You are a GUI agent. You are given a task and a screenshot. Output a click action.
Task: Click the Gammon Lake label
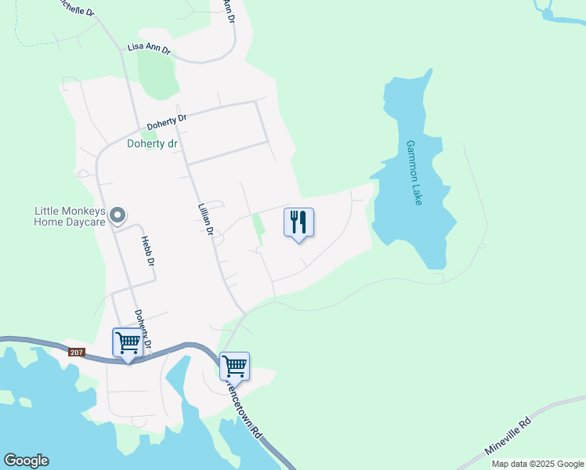click(414, 173)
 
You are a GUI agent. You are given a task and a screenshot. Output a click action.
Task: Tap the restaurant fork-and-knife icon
click(298, 222)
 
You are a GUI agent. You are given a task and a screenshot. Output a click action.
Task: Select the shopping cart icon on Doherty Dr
click(128, 342)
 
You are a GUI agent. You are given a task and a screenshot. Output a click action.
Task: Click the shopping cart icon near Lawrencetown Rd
click(234, 366)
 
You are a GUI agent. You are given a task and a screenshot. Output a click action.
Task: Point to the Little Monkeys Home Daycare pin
click(118, 214)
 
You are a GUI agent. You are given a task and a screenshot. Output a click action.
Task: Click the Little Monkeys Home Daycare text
click(69, 216)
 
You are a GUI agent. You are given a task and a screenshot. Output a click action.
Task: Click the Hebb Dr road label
click(146, 251)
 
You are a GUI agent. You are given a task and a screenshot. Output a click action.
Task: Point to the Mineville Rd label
click(508, 437)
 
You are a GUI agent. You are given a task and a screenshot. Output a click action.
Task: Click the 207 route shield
click(76, 352)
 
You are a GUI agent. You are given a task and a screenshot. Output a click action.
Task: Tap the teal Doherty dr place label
click(152, 144)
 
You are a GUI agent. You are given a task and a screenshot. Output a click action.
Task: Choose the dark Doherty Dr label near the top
click(167, 122)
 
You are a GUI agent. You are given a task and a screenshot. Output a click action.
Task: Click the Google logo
click(26, 461)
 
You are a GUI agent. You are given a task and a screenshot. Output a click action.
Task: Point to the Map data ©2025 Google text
click(537, 464)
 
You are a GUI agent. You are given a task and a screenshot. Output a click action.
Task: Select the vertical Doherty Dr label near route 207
click(141, 329)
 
